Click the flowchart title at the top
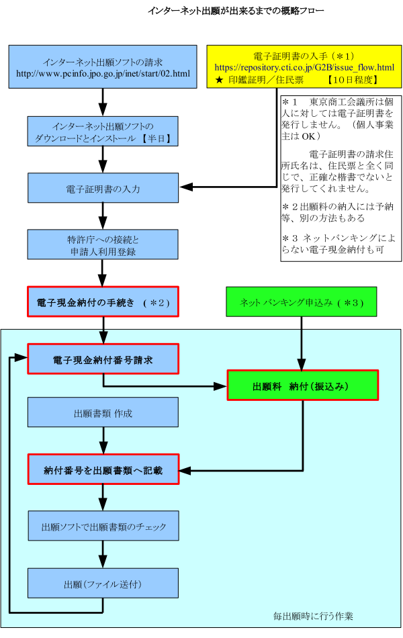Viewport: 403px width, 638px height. click(x=236, y=11)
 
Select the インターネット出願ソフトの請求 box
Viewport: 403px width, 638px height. click(x=103, y=66)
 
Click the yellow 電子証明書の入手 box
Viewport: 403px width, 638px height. click(x=304, y=66)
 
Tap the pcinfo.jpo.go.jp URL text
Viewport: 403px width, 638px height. click(x=103, y=73)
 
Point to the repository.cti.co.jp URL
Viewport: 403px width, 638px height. click(x=304, y=68)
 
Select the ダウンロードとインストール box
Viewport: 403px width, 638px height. click(x=103, y=132)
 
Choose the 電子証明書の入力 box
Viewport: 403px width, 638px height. click(x=103, y=188)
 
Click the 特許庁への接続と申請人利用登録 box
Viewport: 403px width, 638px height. click(x=103, y=244)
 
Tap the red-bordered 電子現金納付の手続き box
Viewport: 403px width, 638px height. click(x=103, y=302)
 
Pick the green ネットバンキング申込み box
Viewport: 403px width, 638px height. click(x=301, y=302)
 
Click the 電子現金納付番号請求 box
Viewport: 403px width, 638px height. click(x=103, y=359)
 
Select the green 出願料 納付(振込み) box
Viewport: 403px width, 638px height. click(x=302, y=385)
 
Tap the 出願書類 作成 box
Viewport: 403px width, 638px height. click(x=103, y=412)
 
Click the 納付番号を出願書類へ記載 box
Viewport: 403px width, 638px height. click(x=103, y=469)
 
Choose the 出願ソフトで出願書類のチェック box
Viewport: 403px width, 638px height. click(x=103, y=526)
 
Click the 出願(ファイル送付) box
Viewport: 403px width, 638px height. click(x=103, y=583)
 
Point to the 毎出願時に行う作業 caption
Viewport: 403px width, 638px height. click(x=313, y=616)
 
